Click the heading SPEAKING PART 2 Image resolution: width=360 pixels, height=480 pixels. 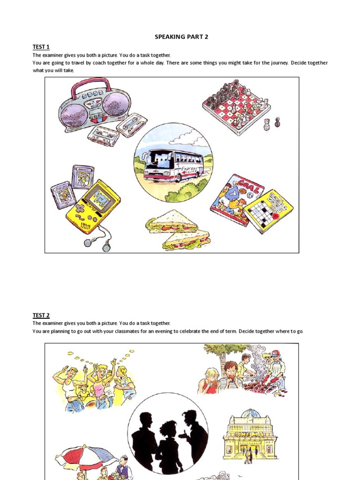[181, 37]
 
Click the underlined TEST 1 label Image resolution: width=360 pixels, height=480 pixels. [41, 47]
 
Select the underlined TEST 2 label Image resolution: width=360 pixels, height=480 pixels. [41, 315]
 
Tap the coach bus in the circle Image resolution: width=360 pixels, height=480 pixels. [172, 165]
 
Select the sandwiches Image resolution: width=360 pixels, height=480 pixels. [178, 230]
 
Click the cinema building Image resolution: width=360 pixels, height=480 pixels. [250, 434]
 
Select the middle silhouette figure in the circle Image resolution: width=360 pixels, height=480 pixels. [168, 445]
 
